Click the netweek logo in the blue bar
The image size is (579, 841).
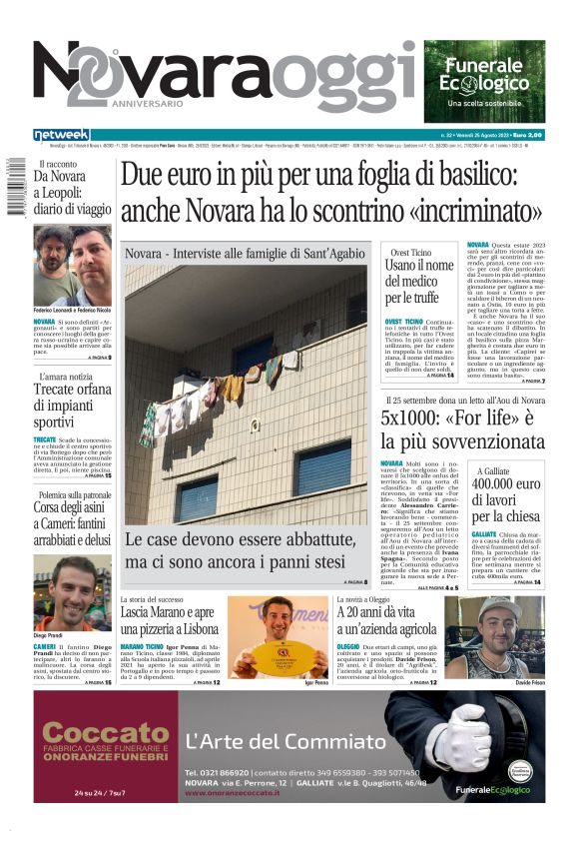tap(61, 134)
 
